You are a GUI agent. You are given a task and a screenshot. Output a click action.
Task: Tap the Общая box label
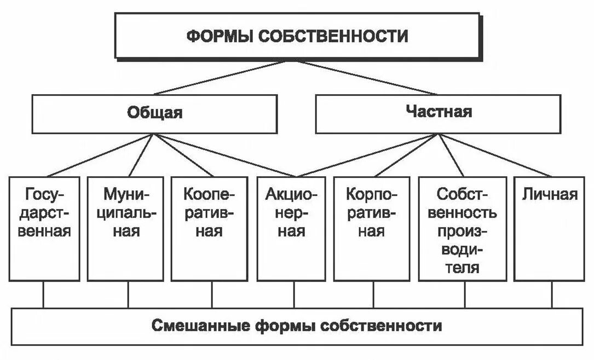tap(155, 113)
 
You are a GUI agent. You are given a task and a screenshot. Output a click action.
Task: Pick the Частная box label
tap(439, 113)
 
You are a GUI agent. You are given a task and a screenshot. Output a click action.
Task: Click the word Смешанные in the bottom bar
tap(200, 327)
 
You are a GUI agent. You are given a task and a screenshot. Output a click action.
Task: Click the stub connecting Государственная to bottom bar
tap(44, 295)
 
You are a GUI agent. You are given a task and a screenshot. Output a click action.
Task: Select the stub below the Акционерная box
tap(294, 295)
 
